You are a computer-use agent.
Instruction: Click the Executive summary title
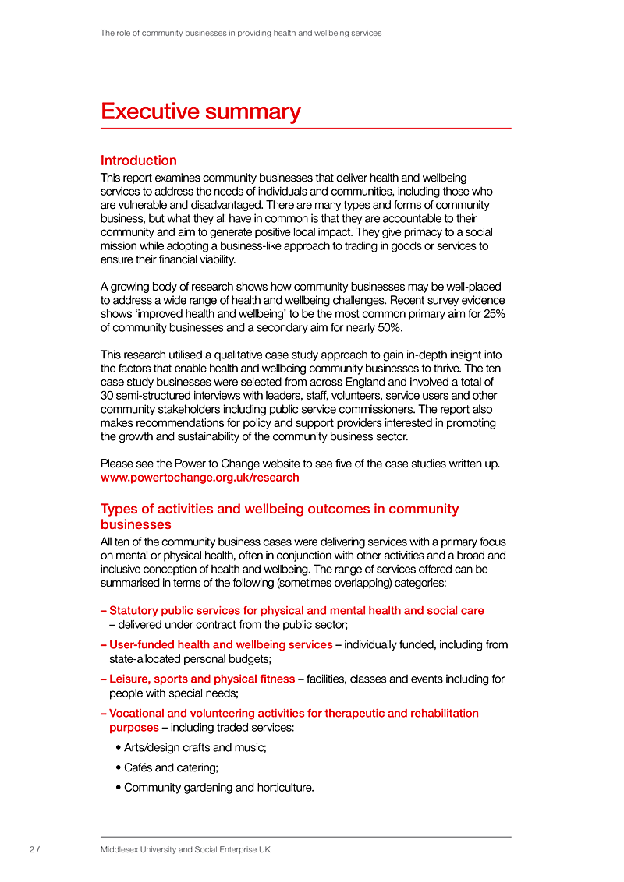tap(200, 111)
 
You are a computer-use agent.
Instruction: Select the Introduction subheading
tap(139, 161)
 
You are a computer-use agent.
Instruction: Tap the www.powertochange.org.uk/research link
tap(200, 477)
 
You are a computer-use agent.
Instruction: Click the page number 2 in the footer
tap(32, 849)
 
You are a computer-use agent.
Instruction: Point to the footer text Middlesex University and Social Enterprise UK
tap(186, 849)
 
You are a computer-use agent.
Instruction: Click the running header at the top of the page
tap(241, 34)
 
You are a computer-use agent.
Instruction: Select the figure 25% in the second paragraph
tap(493, 314)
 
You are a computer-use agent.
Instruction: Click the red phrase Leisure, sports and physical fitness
tap(202, 679)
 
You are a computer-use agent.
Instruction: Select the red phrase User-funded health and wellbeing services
tap(221, 644)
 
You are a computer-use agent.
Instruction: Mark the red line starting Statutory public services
tap(296, 610)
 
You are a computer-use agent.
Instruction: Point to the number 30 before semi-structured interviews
tap(108, 395)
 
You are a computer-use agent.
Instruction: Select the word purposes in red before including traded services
tap(133, 727)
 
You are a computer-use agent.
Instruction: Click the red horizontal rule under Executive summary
tap(306, 128)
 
